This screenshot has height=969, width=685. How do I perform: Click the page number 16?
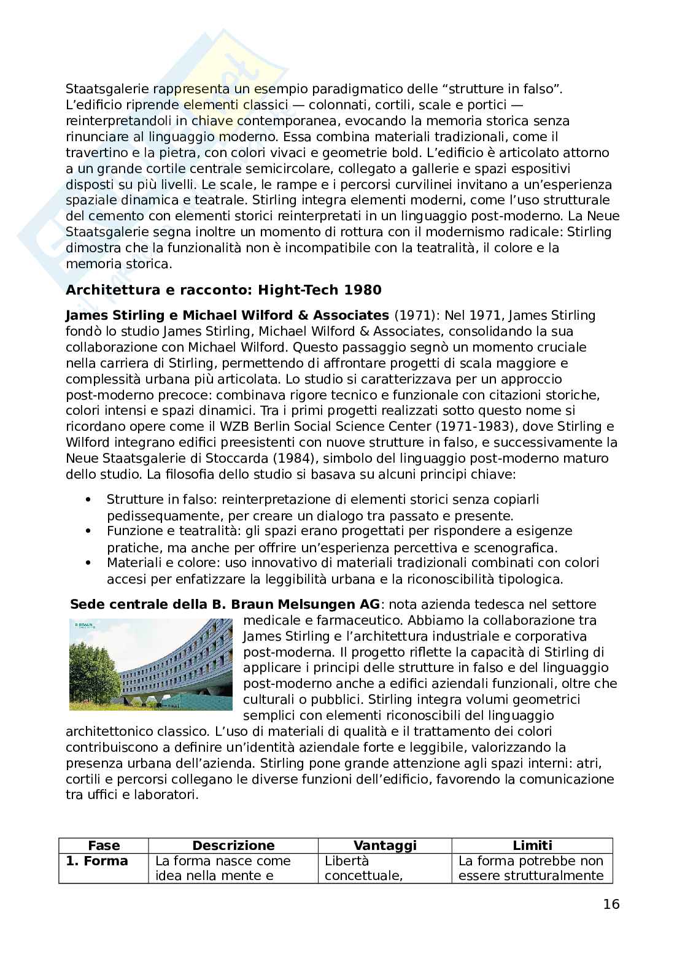coord(611,904)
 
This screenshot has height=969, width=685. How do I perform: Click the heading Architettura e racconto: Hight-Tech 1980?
coord(223,290)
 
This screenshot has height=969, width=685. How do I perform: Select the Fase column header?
coord(104,845)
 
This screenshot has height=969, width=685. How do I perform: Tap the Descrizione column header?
coord(233,845)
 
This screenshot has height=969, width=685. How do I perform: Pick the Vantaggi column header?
coord(385,845)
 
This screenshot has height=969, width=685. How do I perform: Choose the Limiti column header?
coord(532,845)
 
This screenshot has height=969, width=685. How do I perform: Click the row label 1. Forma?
coord(97,860)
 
